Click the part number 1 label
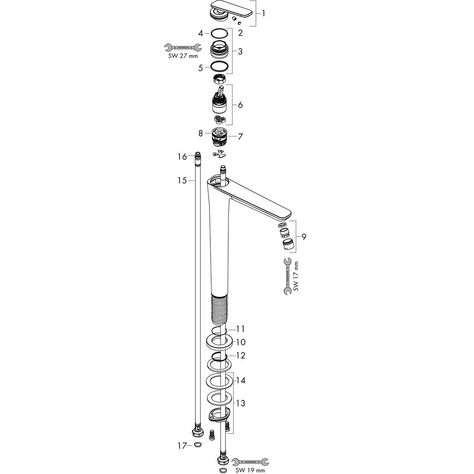click(263, 13)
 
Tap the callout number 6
click(241, 105)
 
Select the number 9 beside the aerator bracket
click(304, 237)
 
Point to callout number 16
click(182, 157)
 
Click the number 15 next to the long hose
click(182, 180)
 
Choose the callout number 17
click(182, 445)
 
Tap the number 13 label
click(241, 403)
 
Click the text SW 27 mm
click(183, 56)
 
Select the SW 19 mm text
click(250, 470)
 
